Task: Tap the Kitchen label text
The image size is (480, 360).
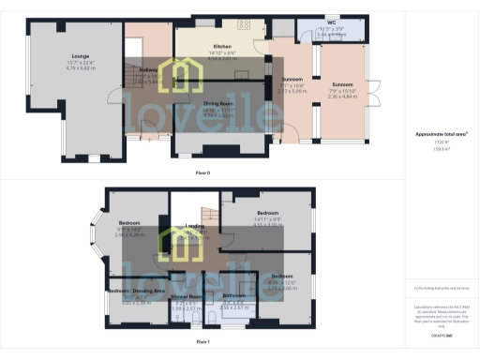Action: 222,46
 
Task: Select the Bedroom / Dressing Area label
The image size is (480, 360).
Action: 137,292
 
